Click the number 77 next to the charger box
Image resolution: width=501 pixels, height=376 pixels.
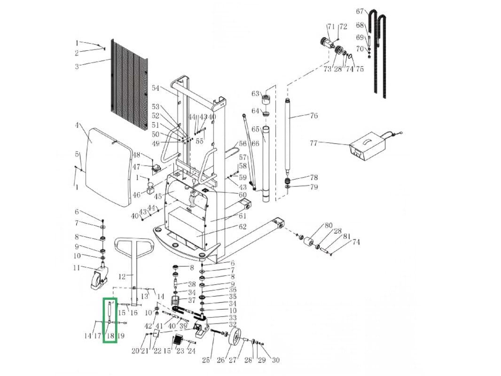pyautogui.click(x=313, y=143)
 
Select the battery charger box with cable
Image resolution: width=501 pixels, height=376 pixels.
pyautogui.click(x=369, y=146)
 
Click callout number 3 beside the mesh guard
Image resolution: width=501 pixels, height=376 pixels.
pyautogui.click(x=77, y=66)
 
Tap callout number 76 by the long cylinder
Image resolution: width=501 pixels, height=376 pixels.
pyautogui.click(x=313, y=116)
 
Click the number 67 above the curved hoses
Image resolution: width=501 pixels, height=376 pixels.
pyautogui.click(x=360, y=11)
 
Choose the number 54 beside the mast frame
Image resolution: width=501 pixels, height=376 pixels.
pyautogui.click(x=156, y=88)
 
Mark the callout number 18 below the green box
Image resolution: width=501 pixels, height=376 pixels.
pyautogui.click(x=110, y=336)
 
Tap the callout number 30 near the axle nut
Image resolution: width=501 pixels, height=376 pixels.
pyautogui.click(x=275, y=360)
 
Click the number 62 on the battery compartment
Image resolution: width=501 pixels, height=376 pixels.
pyautogui.click(x=243, y=227)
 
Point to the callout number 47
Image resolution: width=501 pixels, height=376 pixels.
pyautogui.click(x=136, y=167)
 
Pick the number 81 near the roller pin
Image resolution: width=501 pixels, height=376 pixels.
pyautogui.click(x=347, y=236)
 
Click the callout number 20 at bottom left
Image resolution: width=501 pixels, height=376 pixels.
pyautogui.click(x=135, y=351)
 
